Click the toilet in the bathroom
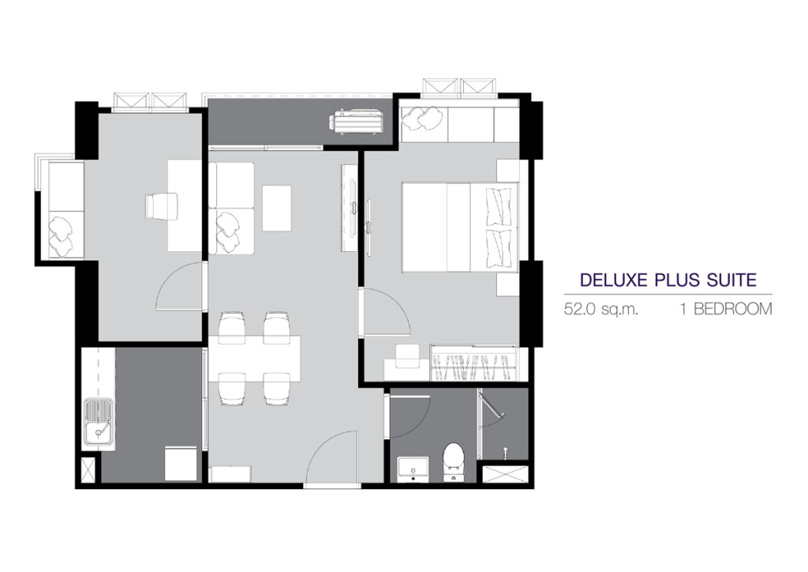pos(454,461)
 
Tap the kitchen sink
pos(100,423)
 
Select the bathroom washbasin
pos(413,469)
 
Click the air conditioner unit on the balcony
pos(356,122)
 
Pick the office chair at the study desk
pos(162,205)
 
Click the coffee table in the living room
pos(277,208)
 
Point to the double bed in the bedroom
pos(460,227)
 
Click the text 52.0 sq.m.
pos(600,310)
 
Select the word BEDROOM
pos(733,309)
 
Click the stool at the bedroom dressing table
pos(408,356)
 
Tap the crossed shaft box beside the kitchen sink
pos(88,470)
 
